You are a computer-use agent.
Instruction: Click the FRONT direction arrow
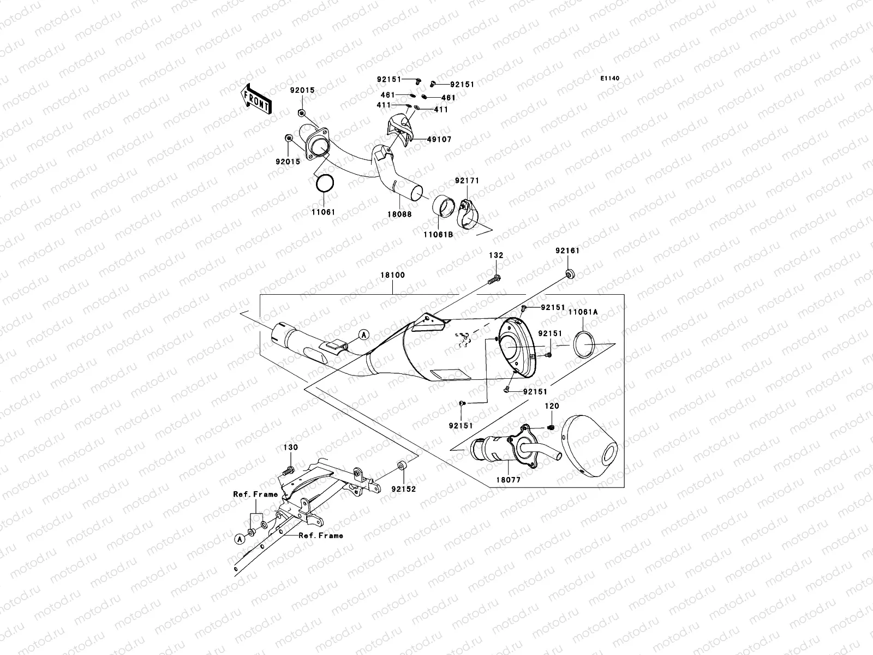(x=257, y=99)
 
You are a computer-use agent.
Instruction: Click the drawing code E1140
(x=610, y=79)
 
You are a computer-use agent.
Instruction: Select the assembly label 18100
(x=392, y=275)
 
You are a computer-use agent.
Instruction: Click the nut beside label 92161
(x=569, y=273)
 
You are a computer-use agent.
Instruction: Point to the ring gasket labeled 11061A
(x=585, y=344)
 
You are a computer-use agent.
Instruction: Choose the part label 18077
(x=507, y=481)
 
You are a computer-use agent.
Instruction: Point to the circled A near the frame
(x=238, y=539)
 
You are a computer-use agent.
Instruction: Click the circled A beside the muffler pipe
(x=364, y=334)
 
